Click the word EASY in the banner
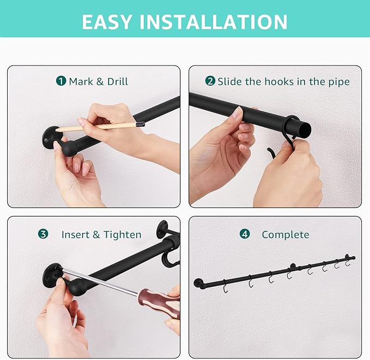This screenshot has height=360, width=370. pyautogui.click(x=106, y=22)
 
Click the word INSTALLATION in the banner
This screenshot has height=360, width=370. pyautogui.click(x=213, y=22)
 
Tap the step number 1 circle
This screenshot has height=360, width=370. pyautogui.click(x=61, y=81)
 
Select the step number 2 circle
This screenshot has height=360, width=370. pyautogui.click(x=210, y=81)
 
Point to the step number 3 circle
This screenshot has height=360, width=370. pyautogui.click(x=43, y=234)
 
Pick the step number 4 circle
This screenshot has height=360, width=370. pyautogui.click(x=245, y=234)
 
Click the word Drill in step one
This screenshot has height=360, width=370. pyautogui.click(x=118, y=81)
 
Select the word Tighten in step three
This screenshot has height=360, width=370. pyautogui.click(x=123, y=235)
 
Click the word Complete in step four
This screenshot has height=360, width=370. pyautogui.click(x=286, y=235)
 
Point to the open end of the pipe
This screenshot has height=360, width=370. pyautogui.click(x=304, y=131)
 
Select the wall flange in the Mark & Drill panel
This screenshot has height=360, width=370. pyautogui.click(x=50, y=137)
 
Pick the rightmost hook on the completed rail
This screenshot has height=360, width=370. pyautogui.click(x=347, y=262)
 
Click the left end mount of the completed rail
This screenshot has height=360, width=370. pyautogui.click(x=198, y=283)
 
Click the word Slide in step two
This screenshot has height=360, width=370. pyautogui.click(x=229, y=81)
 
